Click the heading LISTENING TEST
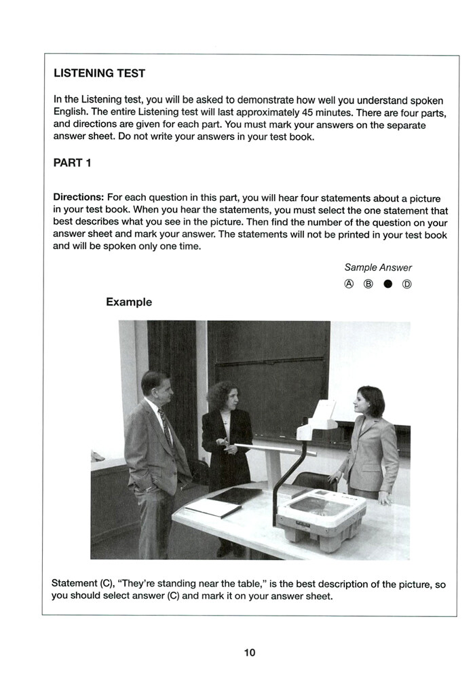tap(99, 73)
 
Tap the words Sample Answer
tap(378, 267)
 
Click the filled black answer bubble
tap(387, 284)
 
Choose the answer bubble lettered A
tap(349, 284)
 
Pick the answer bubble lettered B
tap(368, 284)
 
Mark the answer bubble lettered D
tap(407, 284)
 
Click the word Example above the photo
tap(129, 302)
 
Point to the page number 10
tap(250, 653)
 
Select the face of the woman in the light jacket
tap(364, 404)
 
